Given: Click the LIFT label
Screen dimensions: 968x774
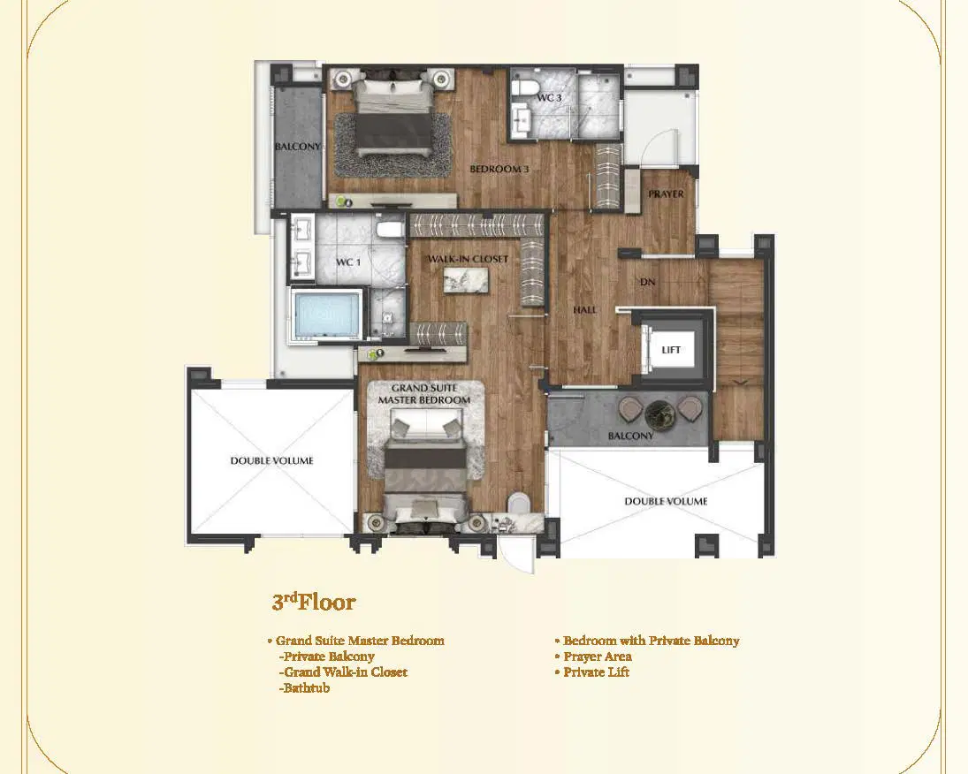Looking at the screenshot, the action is [x=670, y=350].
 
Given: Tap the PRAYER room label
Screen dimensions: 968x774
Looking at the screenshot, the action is [x=666, y=193].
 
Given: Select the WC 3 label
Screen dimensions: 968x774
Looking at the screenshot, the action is [x=549, y=97].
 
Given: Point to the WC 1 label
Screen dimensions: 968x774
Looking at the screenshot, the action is [x=348, y=262].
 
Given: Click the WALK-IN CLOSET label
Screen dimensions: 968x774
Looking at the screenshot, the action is [x=468, y=259].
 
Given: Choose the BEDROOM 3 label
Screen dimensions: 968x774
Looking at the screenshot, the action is [x=499, y=169].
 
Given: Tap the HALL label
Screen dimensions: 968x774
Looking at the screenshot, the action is [x=584, y=310].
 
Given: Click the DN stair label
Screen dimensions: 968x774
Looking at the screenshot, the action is [x=648, y=282].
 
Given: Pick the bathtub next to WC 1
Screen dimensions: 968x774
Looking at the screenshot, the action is [x=326, y=315].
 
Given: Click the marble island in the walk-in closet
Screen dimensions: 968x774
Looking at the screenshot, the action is [x=466, y=281].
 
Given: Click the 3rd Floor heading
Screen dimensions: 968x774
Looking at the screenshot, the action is [x=314, y=602].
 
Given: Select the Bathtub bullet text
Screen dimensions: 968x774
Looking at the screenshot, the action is [x=304, y=688].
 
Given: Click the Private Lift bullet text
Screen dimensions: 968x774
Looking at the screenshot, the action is [x=592, y=672].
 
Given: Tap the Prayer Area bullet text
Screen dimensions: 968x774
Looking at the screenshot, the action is [x=593, y=656].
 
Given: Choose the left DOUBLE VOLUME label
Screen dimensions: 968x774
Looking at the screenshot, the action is [x=271, y=461].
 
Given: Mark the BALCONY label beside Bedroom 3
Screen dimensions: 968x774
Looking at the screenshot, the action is [x=298, y=147].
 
